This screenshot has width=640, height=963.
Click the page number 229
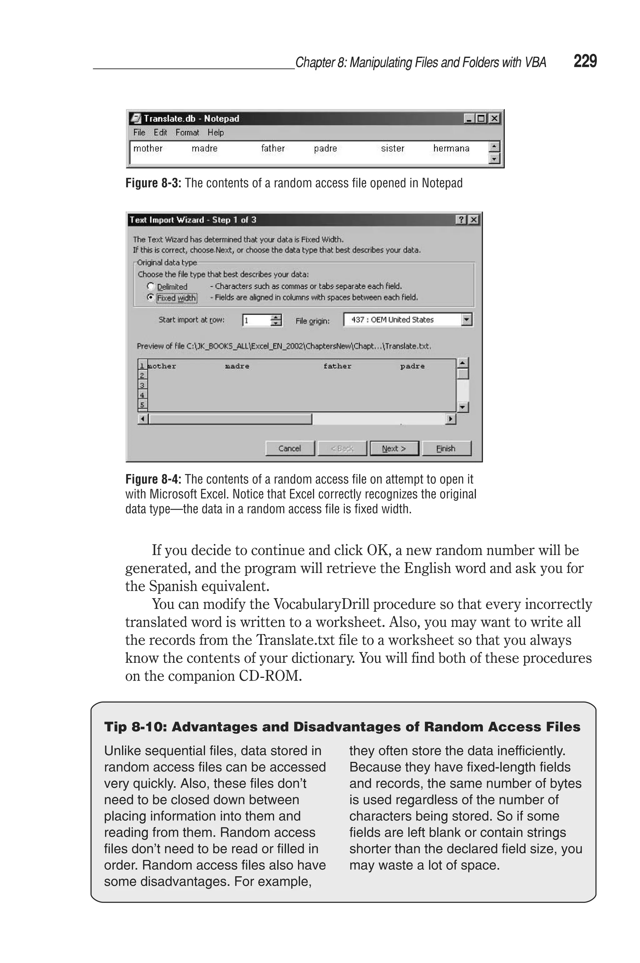[x=585, y=61]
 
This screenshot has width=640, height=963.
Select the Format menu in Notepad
[x=187, y=132]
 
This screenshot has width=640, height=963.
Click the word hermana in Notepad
[x=451, y=148]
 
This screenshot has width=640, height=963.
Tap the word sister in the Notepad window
[x=392, y=148]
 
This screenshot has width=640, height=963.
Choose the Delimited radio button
[x=151, y=286]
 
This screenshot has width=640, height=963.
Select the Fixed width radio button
[x=151, y=298]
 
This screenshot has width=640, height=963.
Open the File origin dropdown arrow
[x=467, y=319]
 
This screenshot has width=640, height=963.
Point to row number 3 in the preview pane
[x=142, y=385]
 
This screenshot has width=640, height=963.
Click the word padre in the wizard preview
[x=412, y=366]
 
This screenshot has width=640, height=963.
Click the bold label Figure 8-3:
[x=153, y=183]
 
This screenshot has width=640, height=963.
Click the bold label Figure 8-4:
[x=153, y=479]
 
